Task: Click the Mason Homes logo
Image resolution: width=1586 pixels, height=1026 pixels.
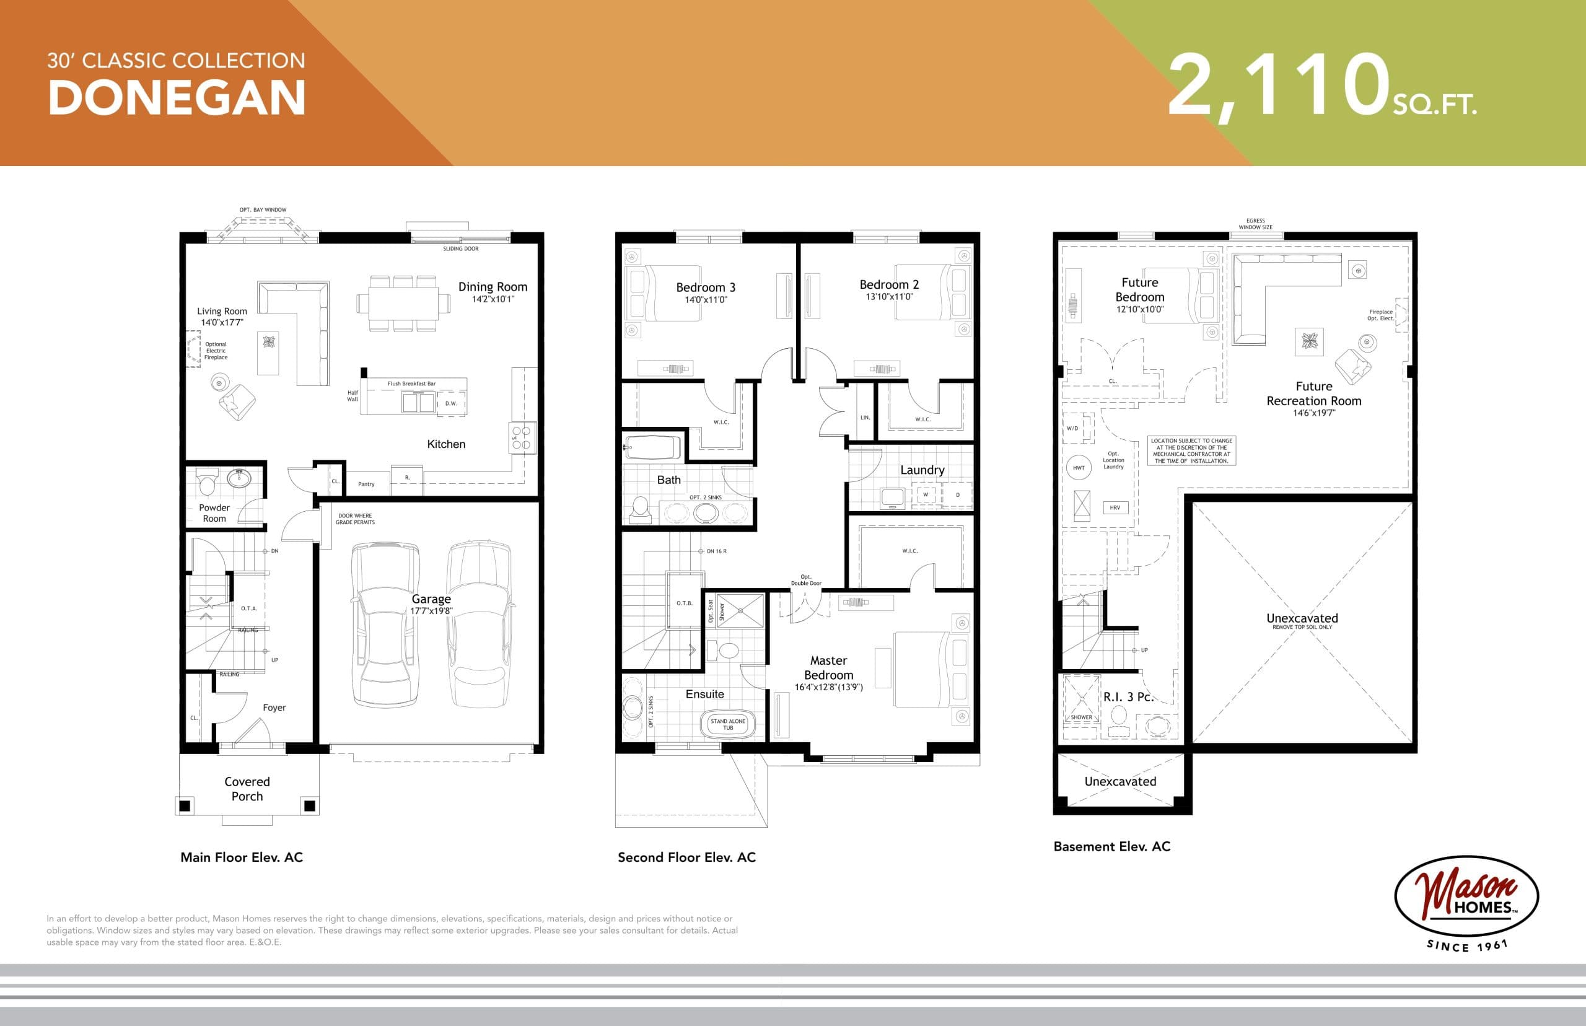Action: pyautogui.click(x=1466, y=896)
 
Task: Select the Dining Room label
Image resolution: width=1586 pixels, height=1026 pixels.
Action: pyautogui.click(x=493, y=286)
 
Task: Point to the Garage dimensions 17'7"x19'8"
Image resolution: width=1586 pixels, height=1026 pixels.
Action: pyautogui.click(x=431, y=611)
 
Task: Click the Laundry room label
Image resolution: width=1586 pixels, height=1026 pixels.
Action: pyautogui.click(x=922, y=470)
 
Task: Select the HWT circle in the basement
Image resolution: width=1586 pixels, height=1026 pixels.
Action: pyautogui.click(x=1079, y=468)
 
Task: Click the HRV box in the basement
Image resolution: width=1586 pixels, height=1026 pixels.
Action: pyautogui.click(x=1115, y=507)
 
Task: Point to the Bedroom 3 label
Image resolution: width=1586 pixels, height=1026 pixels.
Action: pyautogui.click(x=706, y=287)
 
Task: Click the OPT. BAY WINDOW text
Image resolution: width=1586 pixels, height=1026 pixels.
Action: pyautogui.click(x=263, y=210)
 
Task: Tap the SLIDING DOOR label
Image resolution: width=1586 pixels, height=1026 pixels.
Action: pyautogui.click(x=460, y=248)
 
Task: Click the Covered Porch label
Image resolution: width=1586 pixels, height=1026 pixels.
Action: pyautogui.click(x=247, y=789)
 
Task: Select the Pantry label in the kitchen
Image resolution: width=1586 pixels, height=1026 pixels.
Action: pyautogui.click(x=366, y=484)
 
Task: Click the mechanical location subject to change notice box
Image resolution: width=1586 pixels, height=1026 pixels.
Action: pyautogui.click(x=1191, y=450)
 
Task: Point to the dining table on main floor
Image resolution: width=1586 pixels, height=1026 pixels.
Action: pyautogui.click(x=398, y=303)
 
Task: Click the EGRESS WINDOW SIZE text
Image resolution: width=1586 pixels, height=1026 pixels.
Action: pyautogui.click(x=1255, y=224)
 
